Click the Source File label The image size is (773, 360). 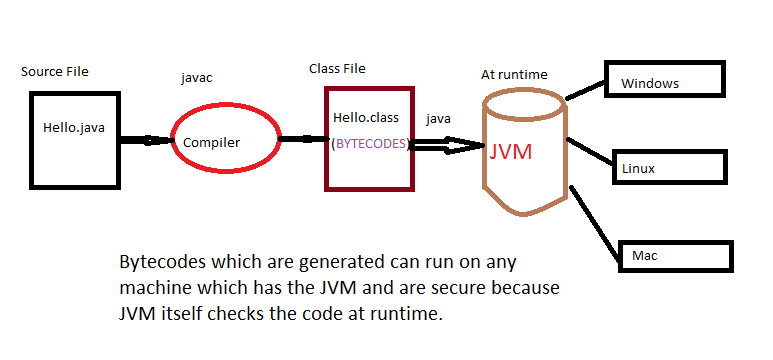pos(55,73)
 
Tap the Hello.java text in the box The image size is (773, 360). pos(76,128)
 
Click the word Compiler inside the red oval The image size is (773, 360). pos(211,143)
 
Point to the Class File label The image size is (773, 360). pos(337,68)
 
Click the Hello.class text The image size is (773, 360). pos(367,119)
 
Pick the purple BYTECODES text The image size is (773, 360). pos(370,144)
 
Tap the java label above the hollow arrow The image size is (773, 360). pos(438,118)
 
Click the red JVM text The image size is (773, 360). pos(511,153)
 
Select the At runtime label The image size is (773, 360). pos(514,74)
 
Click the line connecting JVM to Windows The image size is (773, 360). pos(585,91)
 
